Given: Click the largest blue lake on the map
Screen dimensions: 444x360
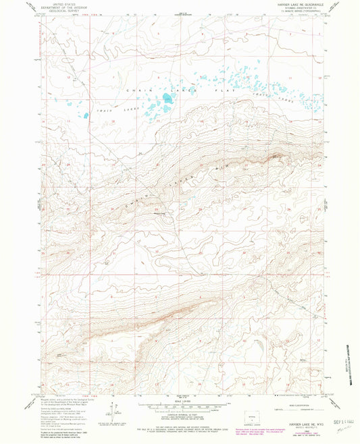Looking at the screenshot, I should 165,103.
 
